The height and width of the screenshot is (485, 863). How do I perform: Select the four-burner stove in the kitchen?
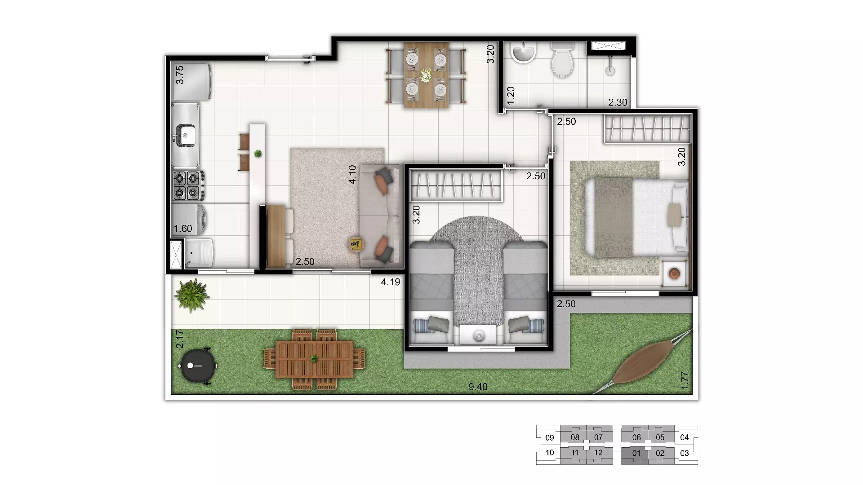point(187,185)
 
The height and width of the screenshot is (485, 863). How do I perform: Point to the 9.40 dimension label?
point(478,387)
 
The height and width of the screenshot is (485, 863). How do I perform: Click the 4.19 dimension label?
point(390,282)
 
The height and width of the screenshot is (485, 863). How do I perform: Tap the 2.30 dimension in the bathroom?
point(618,102)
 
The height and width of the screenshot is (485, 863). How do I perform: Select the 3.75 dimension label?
point(180,75)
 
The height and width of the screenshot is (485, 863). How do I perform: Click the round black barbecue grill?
point(198,366)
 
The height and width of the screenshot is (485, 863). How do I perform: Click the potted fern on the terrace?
point(192,295)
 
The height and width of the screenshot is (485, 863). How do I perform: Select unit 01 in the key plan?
point(636,454)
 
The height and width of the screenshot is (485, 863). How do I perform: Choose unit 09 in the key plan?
point(549,437)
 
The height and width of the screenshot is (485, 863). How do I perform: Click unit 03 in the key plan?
point(684,453)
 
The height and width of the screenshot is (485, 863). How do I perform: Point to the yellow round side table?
point(356,244)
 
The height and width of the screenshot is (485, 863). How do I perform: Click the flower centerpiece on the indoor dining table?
point(425,75)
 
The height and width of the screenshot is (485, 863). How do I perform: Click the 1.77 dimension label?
point(685,381)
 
